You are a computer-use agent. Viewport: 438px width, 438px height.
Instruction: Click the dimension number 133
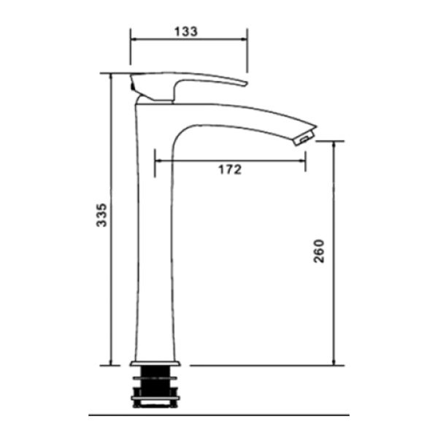(186, 31)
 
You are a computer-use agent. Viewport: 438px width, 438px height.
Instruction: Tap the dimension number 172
(230, 169)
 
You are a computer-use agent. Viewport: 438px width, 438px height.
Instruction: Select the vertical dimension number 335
(101, 215)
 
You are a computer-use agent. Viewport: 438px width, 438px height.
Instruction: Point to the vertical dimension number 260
(319, 251)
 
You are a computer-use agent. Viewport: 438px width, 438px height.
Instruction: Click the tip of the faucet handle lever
(246, 83)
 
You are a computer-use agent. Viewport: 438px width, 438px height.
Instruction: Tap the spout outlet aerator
(304, 138)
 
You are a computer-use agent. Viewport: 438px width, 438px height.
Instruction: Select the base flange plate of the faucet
(155, 363)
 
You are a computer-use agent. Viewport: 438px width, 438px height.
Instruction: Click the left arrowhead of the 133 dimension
(134, 39)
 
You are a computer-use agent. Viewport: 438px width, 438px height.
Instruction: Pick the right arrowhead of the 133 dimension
(244, 39)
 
